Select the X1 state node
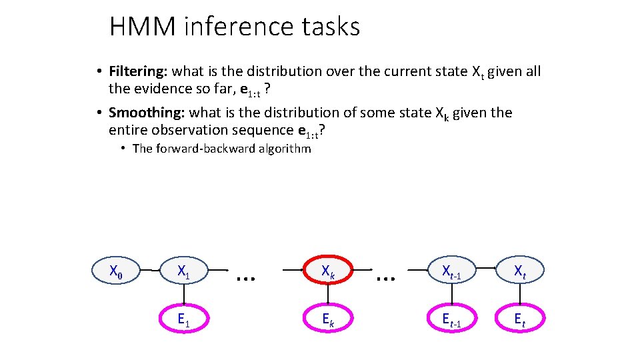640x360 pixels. (183, 271)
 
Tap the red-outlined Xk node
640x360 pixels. (327, 271)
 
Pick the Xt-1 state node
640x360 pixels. (451, 271)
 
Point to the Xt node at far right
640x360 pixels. (520, 271)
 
